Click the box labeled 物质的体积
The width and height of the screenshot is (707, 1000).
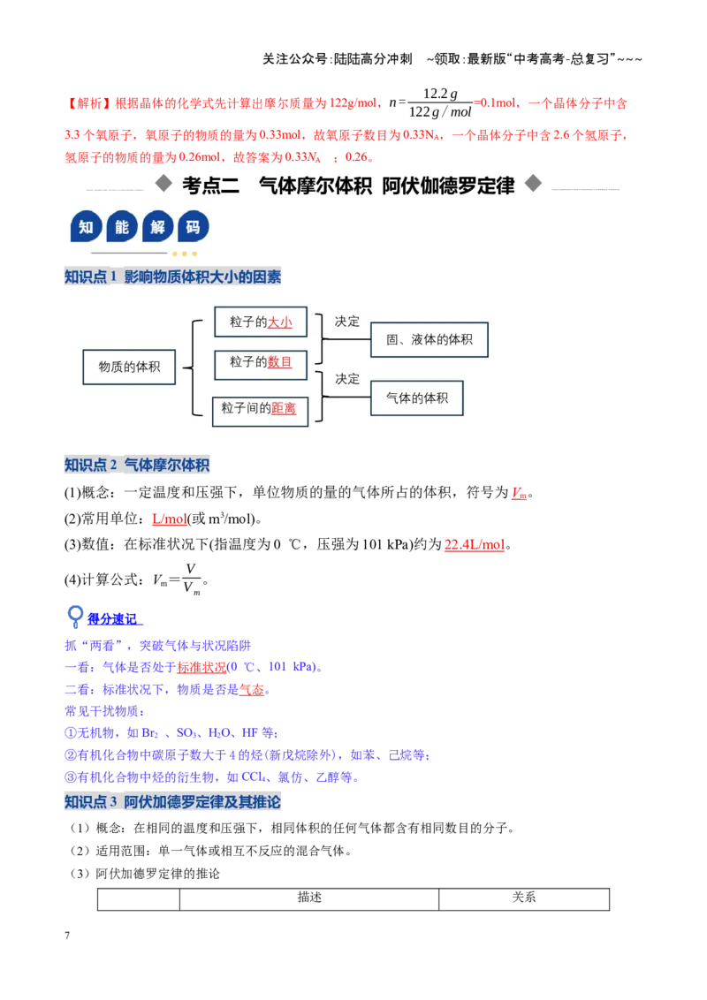[129, 367]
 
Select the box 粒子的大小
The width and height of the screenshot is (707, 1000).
[261, 322]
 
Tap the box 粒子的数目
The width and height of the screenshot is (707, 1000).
[261, 365]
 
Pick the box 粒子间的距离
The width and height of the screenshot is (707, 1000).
[261, 410]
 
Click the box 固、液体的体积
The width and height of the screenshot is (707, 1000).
[430, 339]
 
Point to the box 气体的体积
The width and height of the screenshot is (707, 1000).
[416, 398]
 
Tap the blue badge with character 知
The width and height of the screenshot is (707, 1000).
[86, 226]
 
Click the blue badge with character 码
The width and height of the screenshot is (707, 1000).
[193, 226]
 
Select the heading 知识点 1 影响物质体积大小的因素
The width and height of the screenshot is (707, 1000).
[172, 277]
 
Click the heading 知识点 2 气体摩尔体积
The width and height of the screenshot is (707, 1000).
[137, 465]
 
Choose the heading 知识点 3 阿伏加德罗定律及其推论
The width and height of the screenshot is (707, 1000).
[172, 801]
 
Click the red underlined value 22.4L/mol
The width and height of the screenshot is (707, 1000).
[475, 545]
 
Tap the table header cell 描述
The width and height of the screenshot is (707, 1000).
[309, 898]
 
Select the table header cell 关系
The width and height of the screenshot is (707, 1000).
[524, 898]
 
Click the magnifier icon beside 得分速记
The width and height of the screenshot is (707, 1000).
[75, 616]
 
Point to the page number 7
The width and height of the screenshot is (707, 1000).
[67, 936]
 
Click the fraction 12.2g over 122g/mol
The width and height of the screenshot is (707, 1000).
[439, 102]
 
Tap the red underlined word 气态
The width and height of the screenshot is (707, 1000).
[251, 689]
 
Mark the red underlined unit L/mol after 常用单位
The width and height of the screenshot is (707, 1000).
[170, 519]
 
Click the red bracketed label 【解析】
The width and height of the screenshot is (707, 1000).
[89, 103]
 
